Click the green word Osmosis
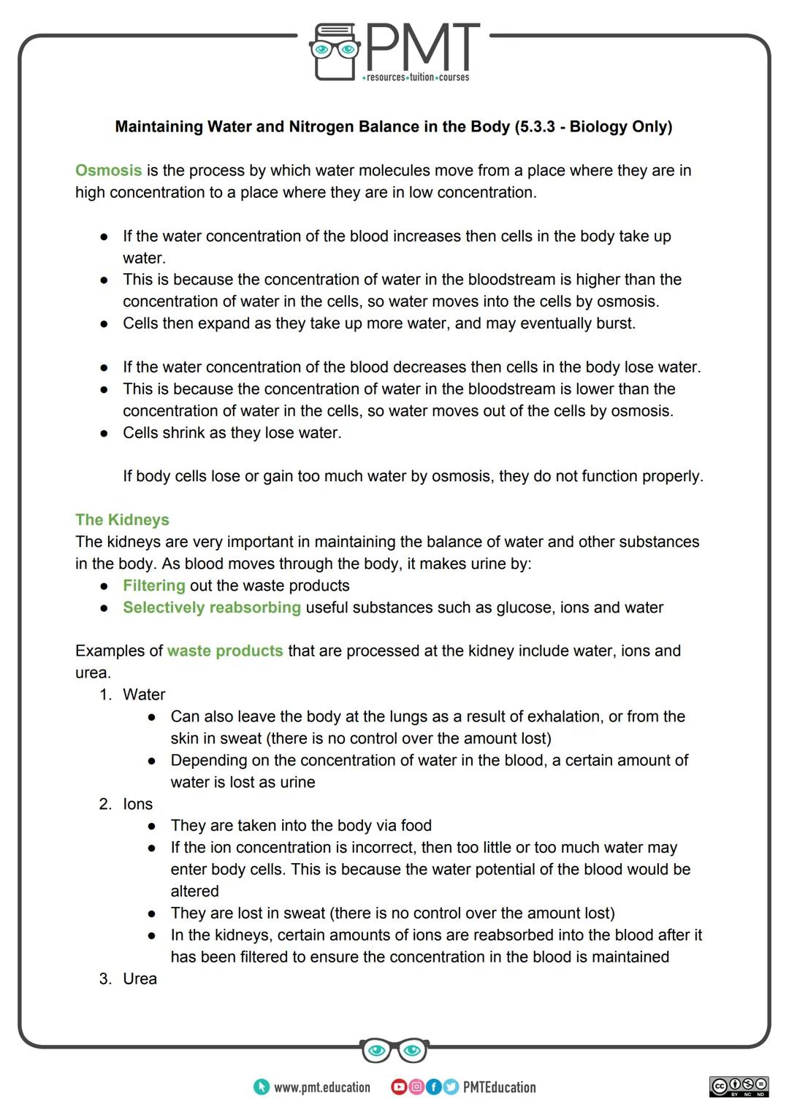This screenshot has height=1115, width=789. pyautogui.click(x=108, y=170)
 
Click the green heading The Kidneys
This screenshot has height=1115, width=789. pyautogui.click(x=122, y=520)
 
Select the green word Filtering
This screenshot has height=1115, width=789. pyautogui.click(x=153, y=586)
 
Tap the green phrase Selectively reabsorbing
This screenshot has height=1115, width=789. pyautogui.click(x=211, y=608)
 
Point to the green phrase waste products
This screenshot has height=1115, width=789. pyautogui.click(x=224, y=651)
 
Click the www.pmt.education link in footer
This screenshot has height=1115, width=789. pyautogui.click(x=321, y=1087)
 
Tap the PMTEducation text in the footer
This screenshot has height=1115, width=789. pyautogui.click(x=499, y=1087)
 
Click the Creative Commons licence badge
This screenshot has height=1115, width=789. pyautogui.click(x=739, y=1087)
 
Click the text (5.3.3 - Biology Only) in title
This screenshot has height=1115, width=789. pyautogui.click(x=592, y=126)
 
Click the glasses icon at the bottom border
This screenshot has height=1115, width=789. pyautogui.click(x=394, y=1050)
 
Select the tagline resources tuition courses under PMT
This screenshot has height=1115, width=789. pyautogui.click(x=416, y=77)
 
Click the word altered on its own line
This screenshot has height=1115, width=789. pyautogui.click(x=194, y=892)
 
